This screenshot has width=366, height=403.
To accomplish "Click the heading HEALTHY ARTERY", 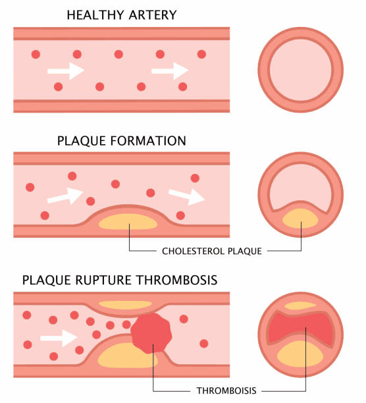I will tap(121, 14).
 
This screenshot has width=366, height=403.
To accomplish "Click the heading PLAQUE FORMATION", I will tap(121, 140).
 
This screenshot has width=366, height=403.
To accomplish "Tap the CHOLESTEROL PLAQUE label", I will tap(212, 251).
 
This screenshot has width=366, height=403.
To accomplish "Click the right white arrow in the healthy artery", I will tap(170, 70).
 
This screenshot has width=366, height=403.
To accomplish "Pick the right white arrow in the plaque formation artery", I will tap(186, 194).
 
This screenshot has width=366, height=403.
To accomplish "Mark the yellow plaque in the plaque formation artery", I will tap(129, 222).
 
